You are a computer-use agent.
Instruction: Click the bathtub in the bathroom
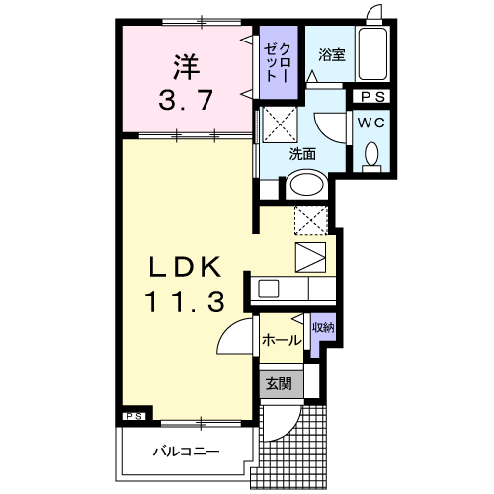[x=372, y=54]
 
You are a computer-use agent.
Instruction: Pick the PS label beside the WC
[x=372, y=97]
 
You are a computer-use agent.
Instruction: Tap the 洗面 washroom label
[x=302, y=155]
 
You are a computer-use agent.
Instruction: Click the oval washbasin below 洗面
[x=306, y=186]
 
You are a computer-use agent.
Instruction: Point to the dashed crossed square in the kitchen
[x=310, y=219]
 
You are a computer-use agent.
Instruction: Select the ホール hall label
[x=283, y=340]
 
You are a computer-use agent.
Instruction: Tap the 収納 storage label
[x=322, y=327]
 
